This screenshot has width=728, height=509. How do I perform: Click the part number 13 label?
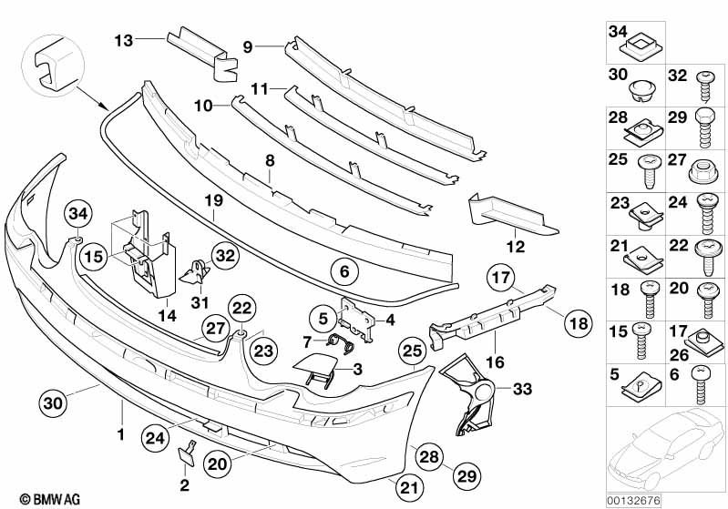pyautogui.click(x=123, y=40)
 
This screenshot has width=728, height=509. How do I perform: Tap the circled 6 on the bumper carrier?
pyautogui.click(x=343, y=271)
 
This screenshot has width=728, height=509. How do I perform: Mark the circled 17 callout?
pyautogui.click(x=501, y=277)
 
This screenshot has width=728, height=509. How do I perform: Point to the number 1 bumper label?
pyautogui.click(x=119, y=435)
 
